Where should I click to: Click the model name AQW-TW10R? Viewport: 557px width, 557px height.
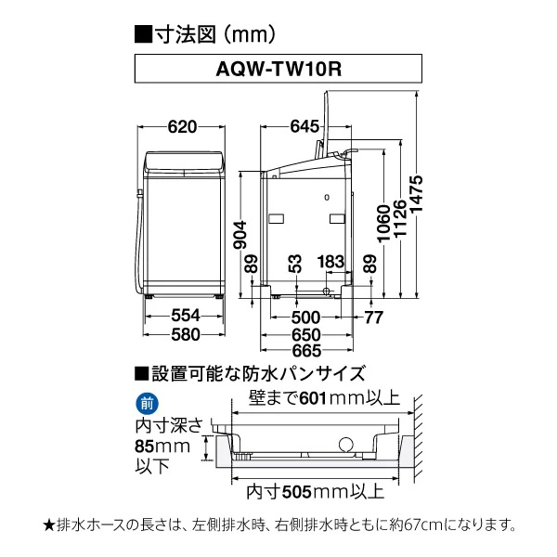coord(278,68)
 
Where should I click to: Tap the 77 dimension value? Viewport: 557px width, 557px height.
coord(372,317)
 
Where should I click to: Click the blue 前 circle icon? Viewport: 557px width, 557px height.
coord(147,404)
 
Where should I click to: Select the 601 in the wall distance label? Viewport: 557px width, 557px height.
coord(313,399)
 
